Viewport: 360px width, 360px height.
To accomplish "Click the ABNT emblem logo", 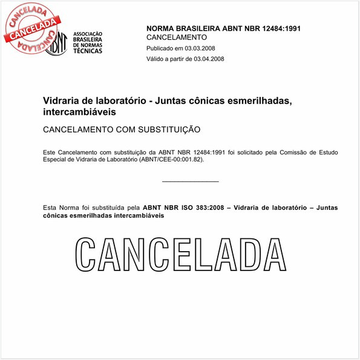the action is click(x=56, y=42).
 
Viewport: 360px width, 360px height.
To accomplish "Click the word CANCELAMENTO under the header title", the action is click(x=177, y=38).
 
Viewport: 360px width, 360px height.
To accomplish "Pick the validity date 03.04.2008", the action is click(x=208, y=59).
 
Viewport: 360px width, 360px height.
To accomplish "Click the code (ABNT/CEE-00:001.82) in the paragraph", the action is click(x=171, y=159).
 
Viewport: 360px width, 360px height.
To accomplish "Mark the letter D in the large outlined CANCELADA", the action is click(x=247, y=255).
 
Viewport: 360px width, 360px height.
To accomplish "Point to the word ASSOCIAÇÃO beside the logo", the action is click(x=88, y=33).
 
